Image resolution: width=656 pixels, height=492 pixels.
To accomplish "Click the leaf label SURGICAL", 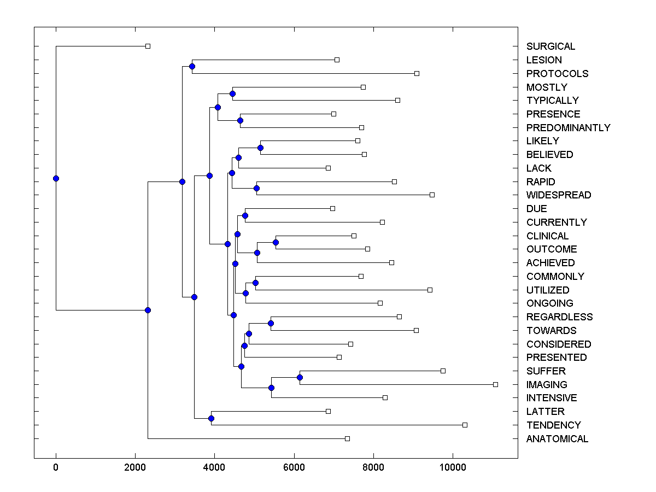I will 550,46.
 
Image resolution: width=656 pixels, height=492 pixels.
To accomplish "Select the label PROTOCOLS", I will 557,74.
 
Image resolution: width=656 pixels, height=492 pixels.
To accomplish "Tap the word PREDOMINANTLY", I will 568,128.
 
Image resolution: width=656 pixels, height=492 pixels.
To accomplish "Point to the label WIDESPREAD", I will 558,195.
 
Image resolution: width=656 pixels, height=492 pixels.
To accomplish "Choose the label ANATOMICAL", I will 557,439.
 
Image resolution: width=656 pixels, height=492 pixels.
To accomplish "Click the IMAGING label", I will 547,385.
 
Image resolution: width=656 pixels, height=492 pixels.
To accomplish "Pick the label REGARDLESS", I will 559,317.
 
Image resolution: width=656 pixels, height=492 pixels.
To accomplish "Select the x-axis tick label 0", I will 56,467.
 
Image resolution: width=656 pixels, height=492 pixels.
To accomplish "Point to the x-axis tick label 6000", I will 294,467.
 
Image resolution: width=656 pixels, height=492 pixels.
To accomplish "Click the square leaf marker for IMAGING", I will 495,385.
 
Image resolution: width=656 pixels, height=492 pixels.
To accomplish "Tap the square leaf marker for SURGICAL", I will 148,46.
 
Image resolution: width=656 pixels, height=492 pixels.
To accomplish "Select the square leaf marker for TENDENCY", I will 465,425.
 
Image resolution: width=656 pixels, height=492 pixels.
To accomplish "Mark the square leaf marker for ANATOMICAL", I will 347,438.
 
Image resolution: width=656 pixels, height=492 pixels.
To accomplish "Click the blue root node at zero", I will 56,178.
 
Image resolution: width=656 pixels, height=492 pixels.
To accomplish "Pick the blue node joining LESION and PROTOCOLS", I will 192,67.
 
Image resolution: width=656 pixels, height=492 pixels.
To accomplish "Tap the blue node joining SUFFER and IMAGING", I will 300,378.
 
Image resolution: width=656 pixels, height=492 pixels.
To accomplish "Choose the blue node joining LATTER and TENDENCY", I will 212,418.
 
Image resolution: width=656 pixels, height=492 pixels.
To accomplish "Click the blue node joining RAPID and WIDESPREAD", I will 257,189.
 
